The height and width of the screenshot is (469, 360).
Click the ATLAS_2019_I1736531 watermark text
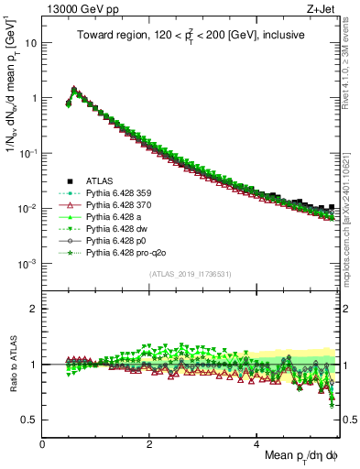[x=190, y=274]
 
